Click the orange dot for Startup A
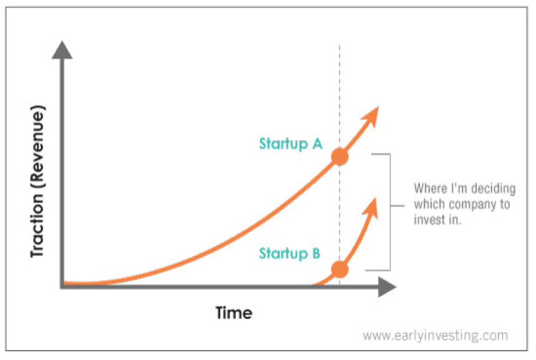click(340, 157)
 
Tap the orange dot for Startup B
click(340, 270)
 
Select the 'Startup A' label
click(291, 144)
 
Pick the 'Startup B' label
click(290, 254)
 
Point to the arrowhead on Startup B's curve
click(370, 208)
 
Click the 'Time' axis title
click(234, 313)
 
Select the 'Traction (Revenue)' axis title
click(37, 181)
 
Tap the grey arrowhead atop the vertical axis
click(62, 50)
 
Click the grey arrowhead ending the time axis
click(387, 287)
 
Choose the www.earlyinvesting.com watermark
click(435, 336)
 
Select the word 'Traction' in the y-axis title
click(37, 226)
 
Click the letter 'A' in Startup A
click(318, 144)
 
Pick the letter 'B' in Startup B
click(316, 253)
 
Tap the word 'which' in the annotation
click(430, 204)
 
